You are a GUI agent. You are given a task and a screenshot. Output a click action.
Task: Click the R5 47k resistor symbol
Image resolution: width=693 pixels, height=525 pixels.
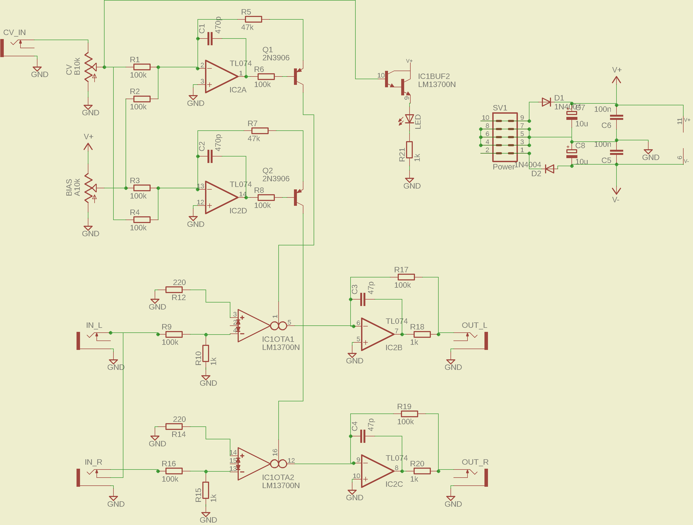tap(253, 19)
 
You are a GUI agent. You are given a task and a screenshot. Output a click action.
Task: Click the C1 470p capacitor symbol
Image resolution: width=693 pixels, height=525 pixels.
tap(210, 39)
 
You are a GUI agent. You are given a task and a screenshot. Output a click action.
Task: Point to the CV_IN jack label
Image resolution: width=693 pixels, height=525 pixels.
tap(14, 33)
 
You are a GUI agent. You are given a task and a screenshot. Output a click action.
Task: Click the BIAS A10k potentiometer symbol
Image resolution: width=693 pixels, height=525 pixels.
tap(89, 188)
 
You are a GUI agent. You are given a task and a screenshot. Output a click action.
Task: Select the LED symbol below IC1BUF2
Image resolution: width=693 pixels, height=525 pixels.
tap(409, 119)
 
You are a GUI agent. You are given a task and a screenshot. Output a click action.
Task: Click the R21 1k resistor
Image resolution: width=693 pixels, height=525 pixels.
tap(409, 150)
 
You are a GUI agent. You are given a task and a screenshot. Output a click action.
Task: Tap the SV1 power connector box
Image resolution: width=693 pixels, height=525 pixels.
tap(504, 137)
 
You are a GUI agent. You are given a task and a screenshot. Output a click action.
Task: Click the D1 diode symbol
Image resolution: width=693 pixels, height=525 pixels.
tap(546, 102)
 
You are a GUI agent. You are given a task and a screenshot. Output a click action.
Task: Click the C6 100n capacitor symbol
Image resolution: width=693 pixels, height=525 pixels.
tap(616, 117)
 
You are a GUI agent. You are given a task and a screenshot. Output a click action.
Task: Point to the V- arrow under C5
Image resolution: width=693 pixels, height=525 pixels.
tap(616, 190)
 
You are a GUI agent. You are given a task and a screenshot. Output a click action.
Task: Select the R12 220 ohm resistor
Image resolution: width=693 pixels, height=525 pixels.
tap(174, 290)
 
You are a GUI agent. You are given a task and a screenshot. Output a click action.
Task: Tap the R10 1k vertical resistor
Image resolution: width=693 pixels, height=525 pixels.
tap(206, 353)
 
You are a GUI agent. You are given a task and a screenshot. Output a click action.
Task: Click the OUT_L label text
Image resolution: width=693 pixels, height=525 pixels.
tap(474, 325)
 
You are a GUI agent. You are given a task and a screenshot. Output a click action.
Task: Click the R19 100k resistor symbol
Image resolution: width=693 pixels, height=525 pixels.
tap(409, 414)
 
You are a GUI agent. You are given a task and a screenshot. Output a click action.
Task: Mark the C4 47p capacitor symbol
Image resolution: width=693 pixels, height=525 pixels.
tap(363, 436)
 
